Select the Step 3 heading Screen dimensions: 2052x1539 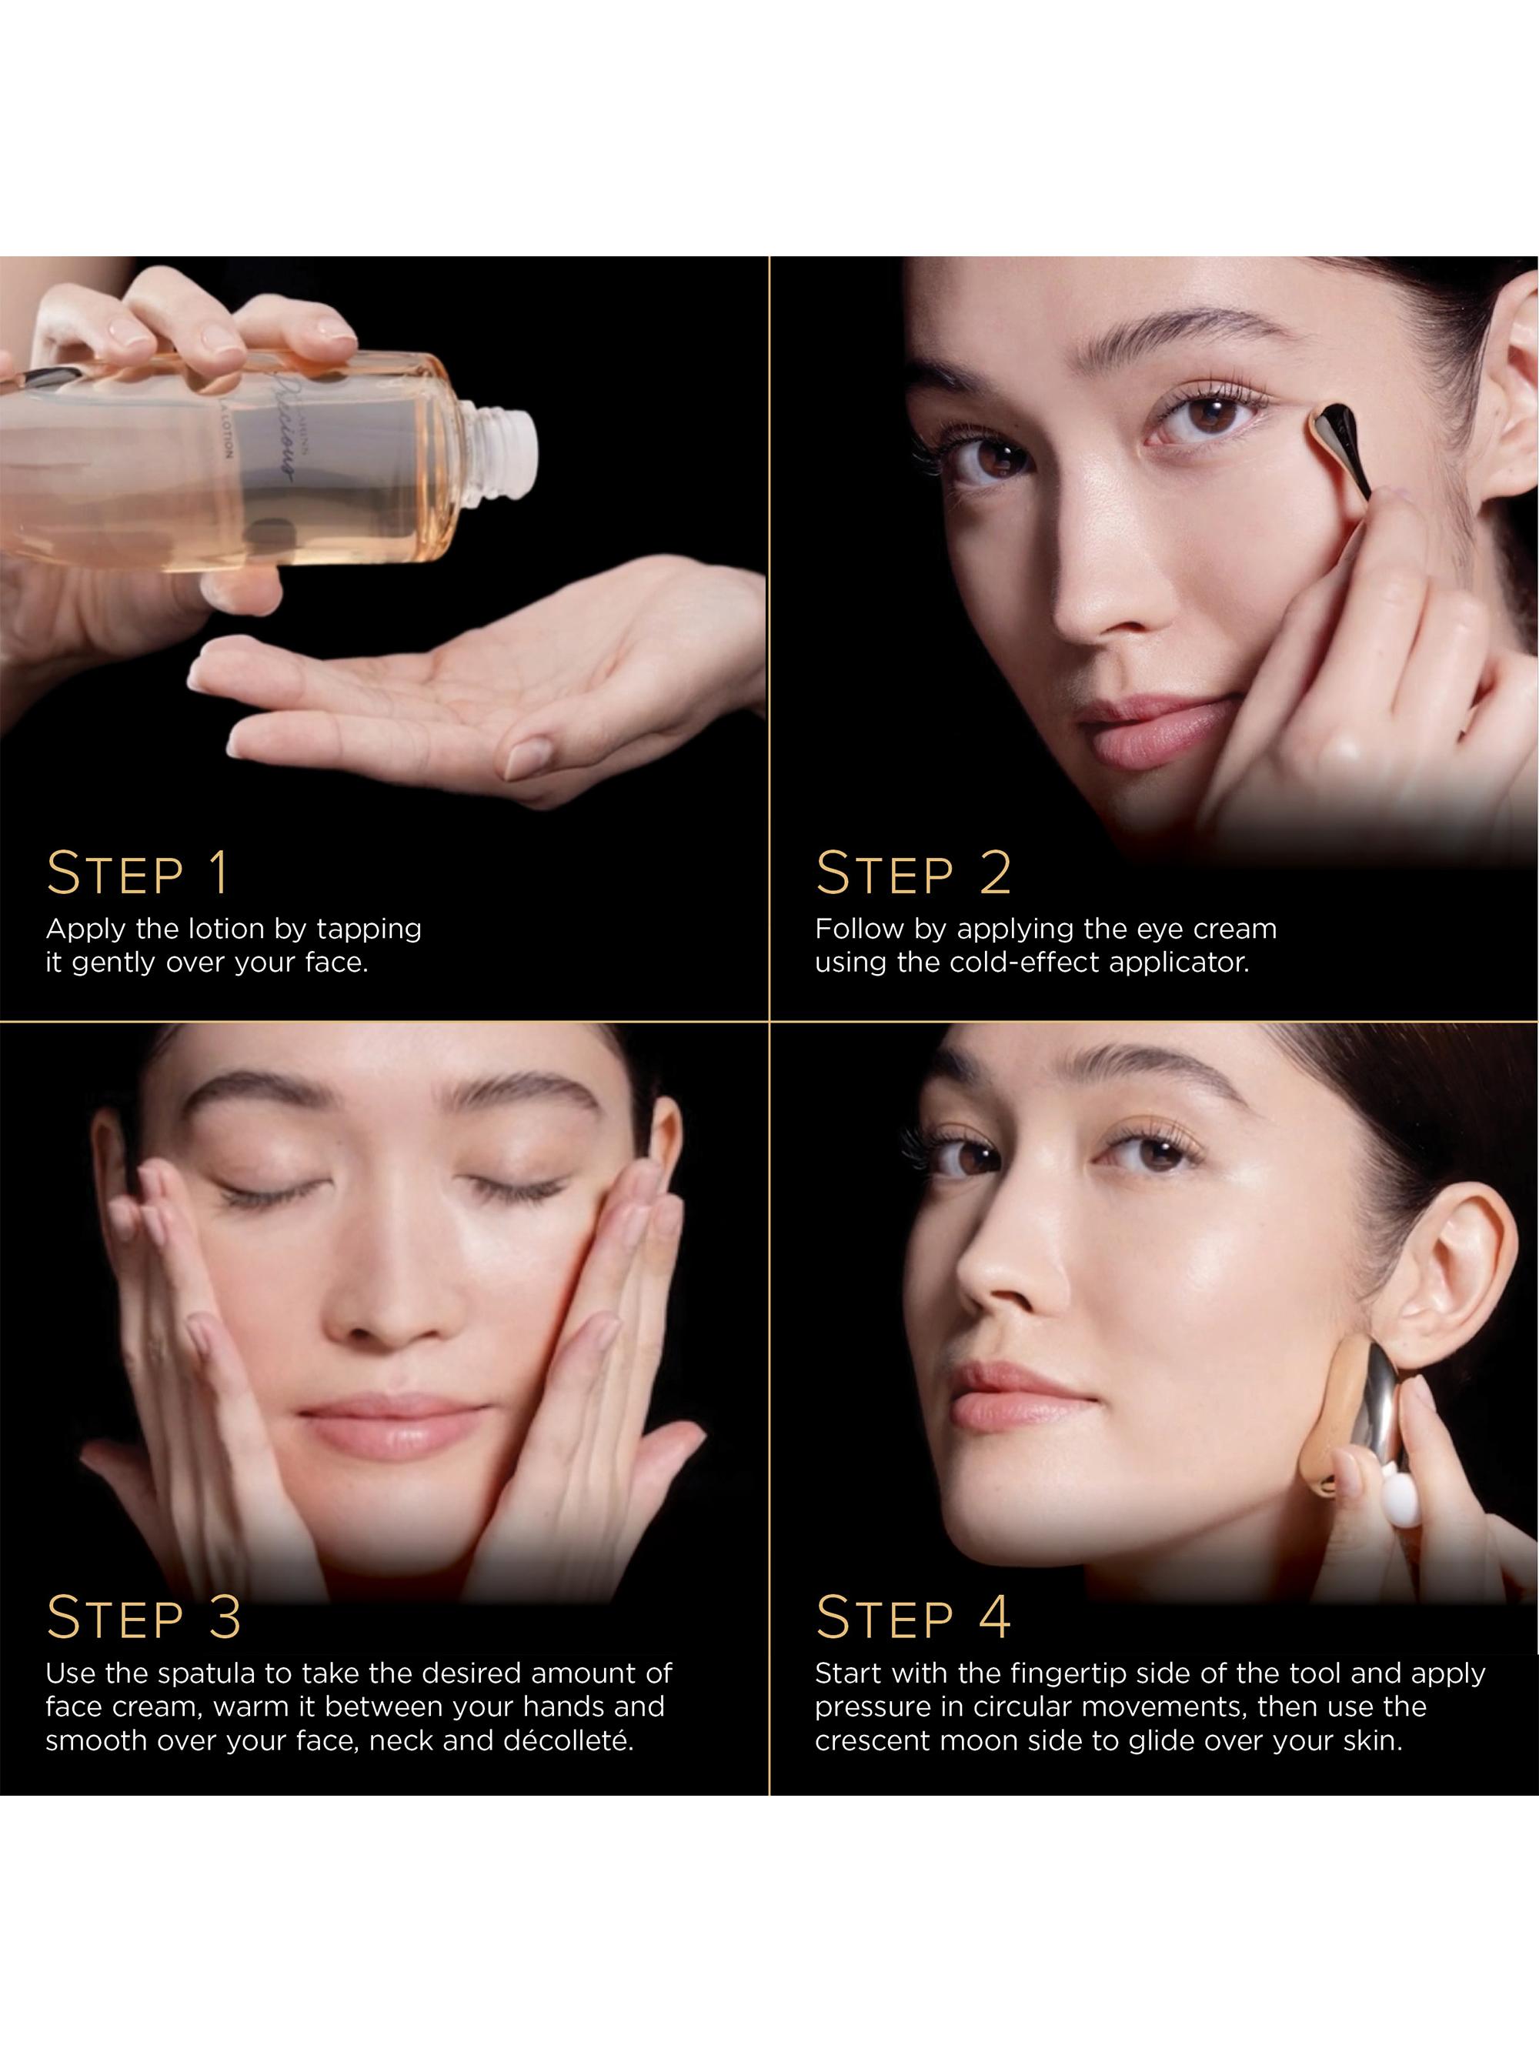144,1618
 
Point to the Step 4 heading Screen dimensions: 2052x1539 913,1618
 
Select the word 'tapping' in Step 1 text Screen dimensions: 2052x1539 369,929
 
